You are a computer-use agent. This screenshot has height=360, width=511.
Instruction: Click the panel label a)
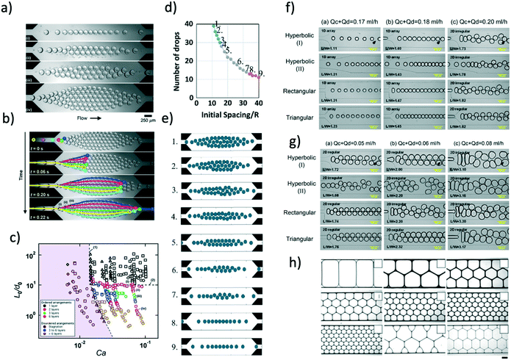pos(9,8)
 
